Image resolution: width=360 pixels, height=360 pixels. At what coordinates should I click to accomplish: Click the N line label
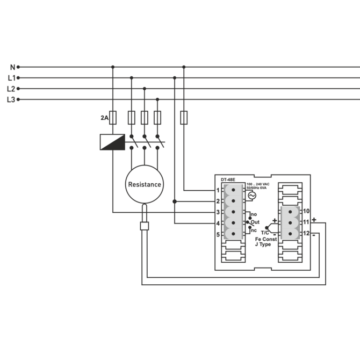coord(12,67)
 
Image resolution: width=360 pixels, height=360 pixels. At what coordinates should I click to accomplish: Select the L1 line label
coord(11,78)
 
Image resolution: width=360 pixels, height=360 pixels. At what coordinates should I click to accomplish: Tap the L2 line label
coord(11,89)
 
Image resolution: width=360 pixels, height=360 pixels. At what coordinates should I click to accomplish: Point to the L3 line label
coord(11,99)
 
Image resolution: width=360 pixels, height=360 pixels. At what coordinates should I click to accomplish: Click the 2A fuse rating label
coord(105,117)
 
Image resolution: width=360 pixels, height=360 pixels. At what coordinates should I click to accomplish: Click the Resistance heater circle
coord(144,184)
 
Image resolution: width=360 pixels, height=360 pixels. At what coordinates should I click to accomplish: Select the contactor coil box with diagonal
coord(112,142)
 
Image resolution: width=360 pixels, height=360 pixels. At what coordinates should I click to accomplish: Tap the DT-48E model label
coord(229,180)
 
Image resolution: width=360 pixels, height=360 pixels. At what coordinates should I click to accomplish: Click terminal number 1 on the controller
coord(218,190)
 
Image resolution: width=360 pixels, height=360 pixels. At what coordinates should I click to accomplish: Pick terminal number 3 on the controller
coord(218,212)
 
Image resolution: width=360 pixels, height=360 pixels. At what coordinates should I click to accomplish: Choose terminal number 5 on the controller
coord(218,234)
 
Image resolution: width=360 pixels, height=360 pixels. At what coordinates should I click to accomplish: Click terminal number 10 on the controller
coord(306,211)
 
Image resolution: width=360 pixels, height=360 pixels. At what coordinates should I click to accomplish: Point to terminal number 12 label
coord(306,233)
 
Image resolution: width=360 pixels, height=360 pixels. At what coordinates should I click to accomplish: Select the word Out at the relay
coord(255,222)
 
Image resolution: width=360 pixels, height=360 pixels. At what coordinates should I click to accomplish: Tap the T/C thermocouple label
coord(265,233)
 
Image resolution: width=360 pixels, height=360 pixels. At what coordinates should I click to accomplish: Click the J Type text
coord(263,244)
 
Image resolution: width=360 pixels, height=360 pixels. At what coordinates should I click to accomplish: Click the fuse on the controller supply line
coord(184,117)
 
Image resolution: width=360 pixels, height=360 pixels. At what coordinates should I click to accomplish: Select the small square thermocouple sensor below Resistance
coord(144,226)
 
